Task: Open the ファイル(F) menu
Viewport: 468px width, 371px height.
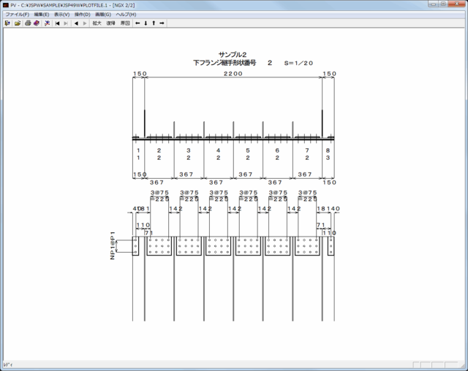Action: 17,15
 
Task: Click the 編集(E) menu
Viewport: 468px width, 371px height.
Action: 41,15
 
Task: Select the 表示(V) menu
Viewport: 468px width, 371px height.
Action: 62,15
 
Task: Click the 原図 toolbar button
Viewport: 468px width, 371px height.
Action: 125,23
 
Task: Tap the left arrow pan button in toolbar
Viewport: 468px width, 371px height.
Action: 137,23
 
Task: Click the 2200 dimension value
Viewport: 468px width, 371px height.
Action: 233,74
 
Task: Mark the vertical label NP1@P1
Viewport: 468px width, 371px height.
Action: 113,246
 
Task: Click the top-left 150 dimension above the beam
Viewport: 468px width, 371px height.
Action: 140,74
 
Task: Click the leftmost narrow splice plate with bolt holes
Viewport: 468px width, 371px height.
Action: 136,246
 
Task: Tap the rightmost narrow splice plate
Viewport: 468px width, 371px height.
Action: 331,246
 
